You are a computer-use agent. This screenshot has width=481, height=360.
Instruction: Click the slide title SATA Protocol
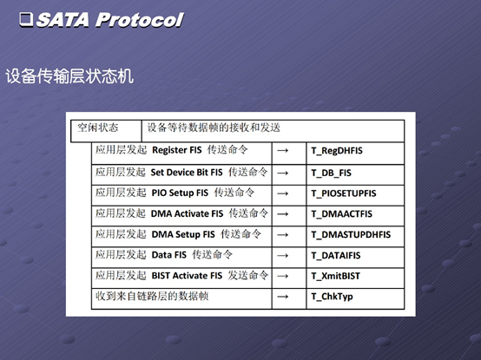pos(110,20)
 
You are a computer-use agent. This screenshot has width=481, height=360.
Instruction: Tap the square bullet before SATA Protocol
pos(26,19)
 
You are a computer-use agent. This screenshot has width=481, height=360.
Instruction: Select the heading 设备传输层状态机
pos(69,76)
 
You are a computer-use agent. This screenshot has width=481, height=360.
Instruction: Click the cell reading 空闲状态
pos(97,128)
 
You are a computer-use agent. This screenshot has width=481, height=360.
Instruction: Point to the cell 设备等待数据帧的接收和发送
pos(214,128)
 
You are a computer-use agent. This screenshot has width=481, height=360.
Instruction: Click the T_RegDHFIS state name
pos(337,151)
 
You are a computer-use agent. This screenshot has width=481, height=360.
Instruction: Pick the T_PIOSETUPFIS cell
pos(344,193)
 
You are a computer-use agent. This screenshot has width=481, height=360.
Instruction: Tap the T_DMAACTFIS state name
pos(342,214)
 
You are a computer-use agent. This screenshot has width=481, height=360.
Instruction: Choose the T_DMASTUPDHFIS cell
pos(351,235)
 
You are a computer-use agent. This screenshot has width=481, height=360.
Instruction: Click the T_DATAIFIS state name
pos(336,256)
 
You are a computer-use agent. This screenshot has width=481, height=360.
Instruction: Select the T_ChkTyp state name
pos(332,297)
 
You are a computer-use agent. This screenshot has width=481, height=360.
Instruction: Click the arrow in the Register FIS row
pos(282,150)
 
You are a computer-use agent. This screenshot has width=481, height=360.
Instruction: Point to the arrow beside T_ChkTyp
pos(282,297)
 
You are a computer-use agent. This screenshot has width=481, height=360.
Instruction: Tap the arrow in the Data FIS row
pos(282,256)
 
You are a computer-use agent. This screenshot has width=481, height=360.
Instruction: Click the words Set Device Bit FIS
pos(187,173)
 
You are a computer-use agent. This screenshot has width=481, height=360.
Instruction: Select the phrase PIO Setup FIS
pos(180,193)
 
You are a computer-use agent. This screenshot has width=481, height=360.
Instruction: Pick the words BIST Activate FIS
pos(187,276)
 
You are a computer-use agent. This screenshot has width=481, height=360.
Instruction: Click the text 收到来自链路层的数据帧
pos(152,297)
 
